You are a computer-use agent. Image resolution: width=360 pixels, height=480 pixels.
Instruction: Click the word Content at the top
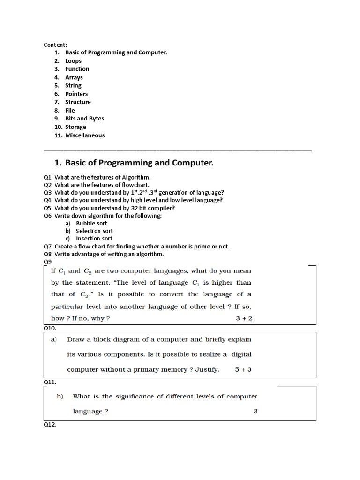(55, 45)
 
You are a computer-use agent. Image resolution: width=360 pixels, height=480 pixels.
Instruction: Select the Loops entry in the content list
(73, 61)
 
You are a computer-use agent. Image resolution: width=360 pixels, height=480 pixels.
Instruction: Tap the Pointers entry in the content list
(76, 94)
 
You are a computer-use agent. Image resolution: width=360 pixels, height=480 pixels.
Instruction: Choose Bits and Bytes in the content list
(84, 119)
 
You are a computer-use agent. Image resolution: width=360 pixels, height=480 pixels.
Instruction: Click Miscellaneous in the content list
(85, 135)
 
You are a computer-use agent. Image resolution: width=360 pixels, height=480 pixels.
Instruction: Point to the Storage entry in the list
(75, 127)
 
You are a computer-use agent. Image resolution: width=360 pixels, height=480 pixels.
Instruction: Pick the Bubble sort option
(91, 224)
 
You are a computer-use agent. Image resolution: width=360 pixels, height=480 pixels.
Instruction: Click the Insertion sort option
(94, 239)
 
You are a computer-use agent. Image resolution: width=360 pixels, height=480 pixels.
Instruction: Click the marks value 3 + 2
(244, 318)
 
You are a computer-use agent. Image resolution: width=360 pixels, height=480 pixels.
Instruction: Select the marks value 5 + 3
(243, 369)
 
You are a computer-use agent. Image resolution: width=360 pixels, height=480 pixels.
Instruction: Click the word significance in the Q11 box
(135, 396)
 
